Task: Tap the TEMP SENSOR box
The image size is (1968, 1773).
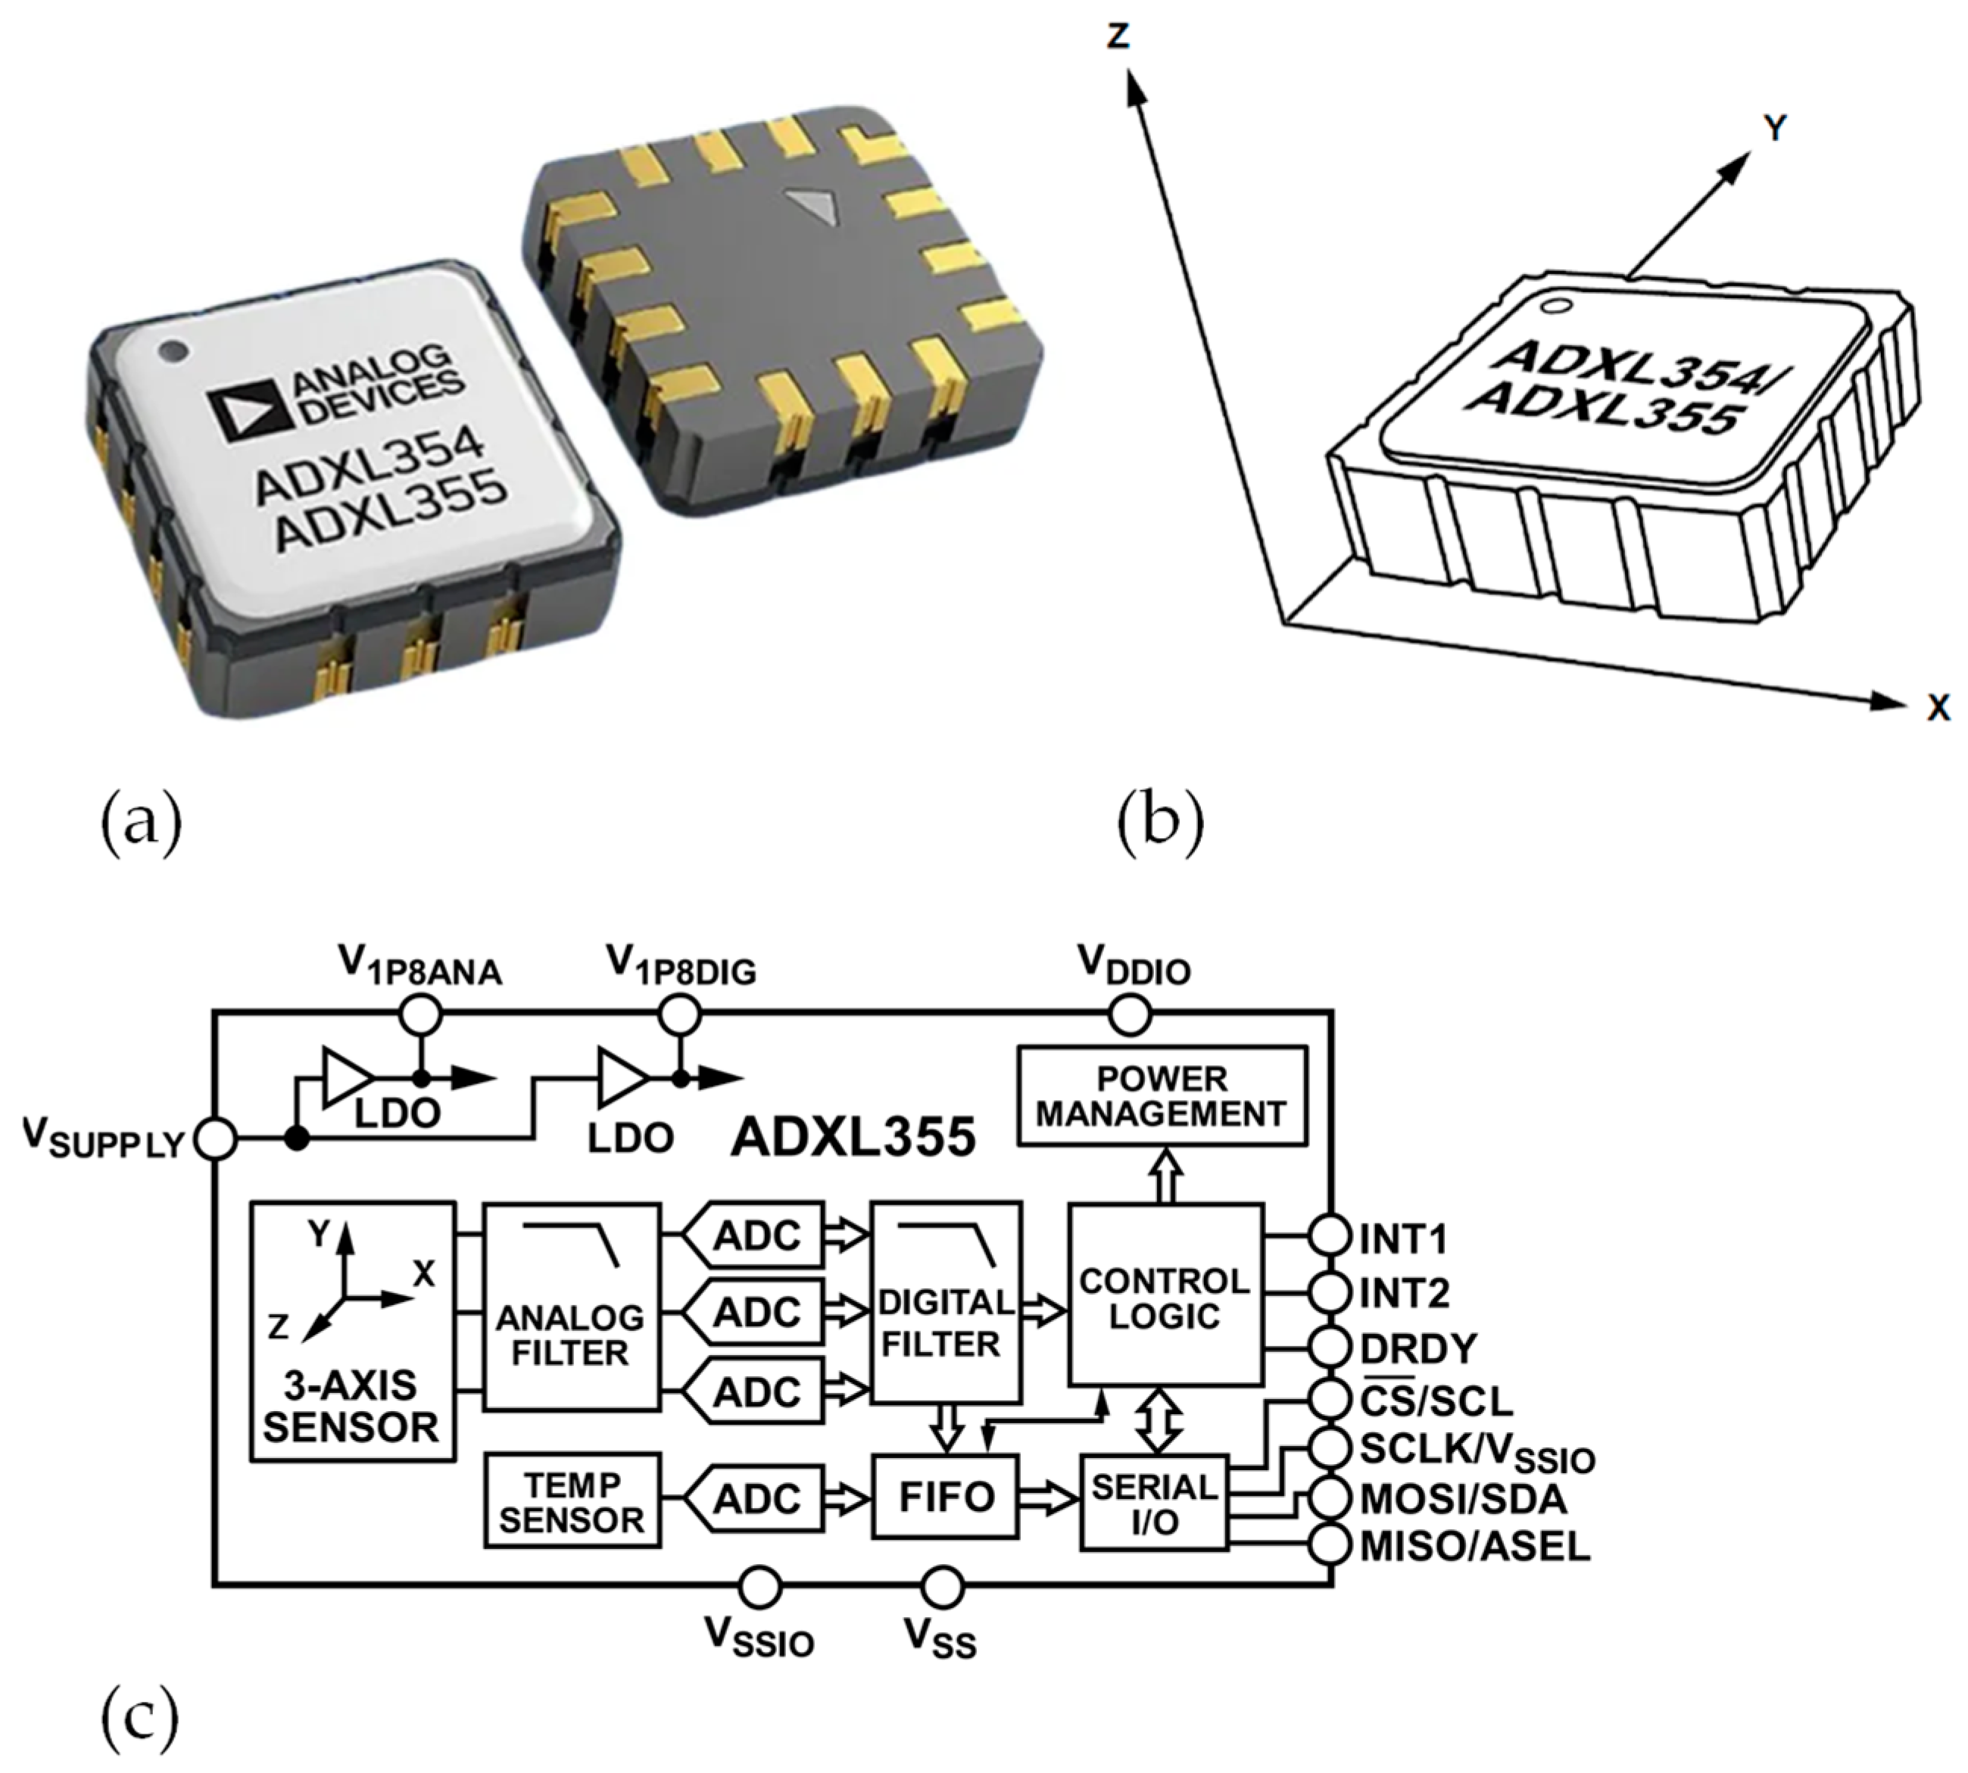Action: pos(572,1501)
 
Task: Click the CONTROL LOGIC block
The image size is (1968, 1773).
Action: pos(1165,1295)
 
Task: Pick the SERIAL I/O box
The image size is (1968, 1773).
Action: pos(1153,1504)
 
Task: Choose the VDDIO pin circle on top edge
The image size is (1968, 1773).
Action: pos(1130,1015)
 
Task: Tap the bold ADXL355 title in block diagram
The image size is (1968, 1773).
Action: pos(853,1137)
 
